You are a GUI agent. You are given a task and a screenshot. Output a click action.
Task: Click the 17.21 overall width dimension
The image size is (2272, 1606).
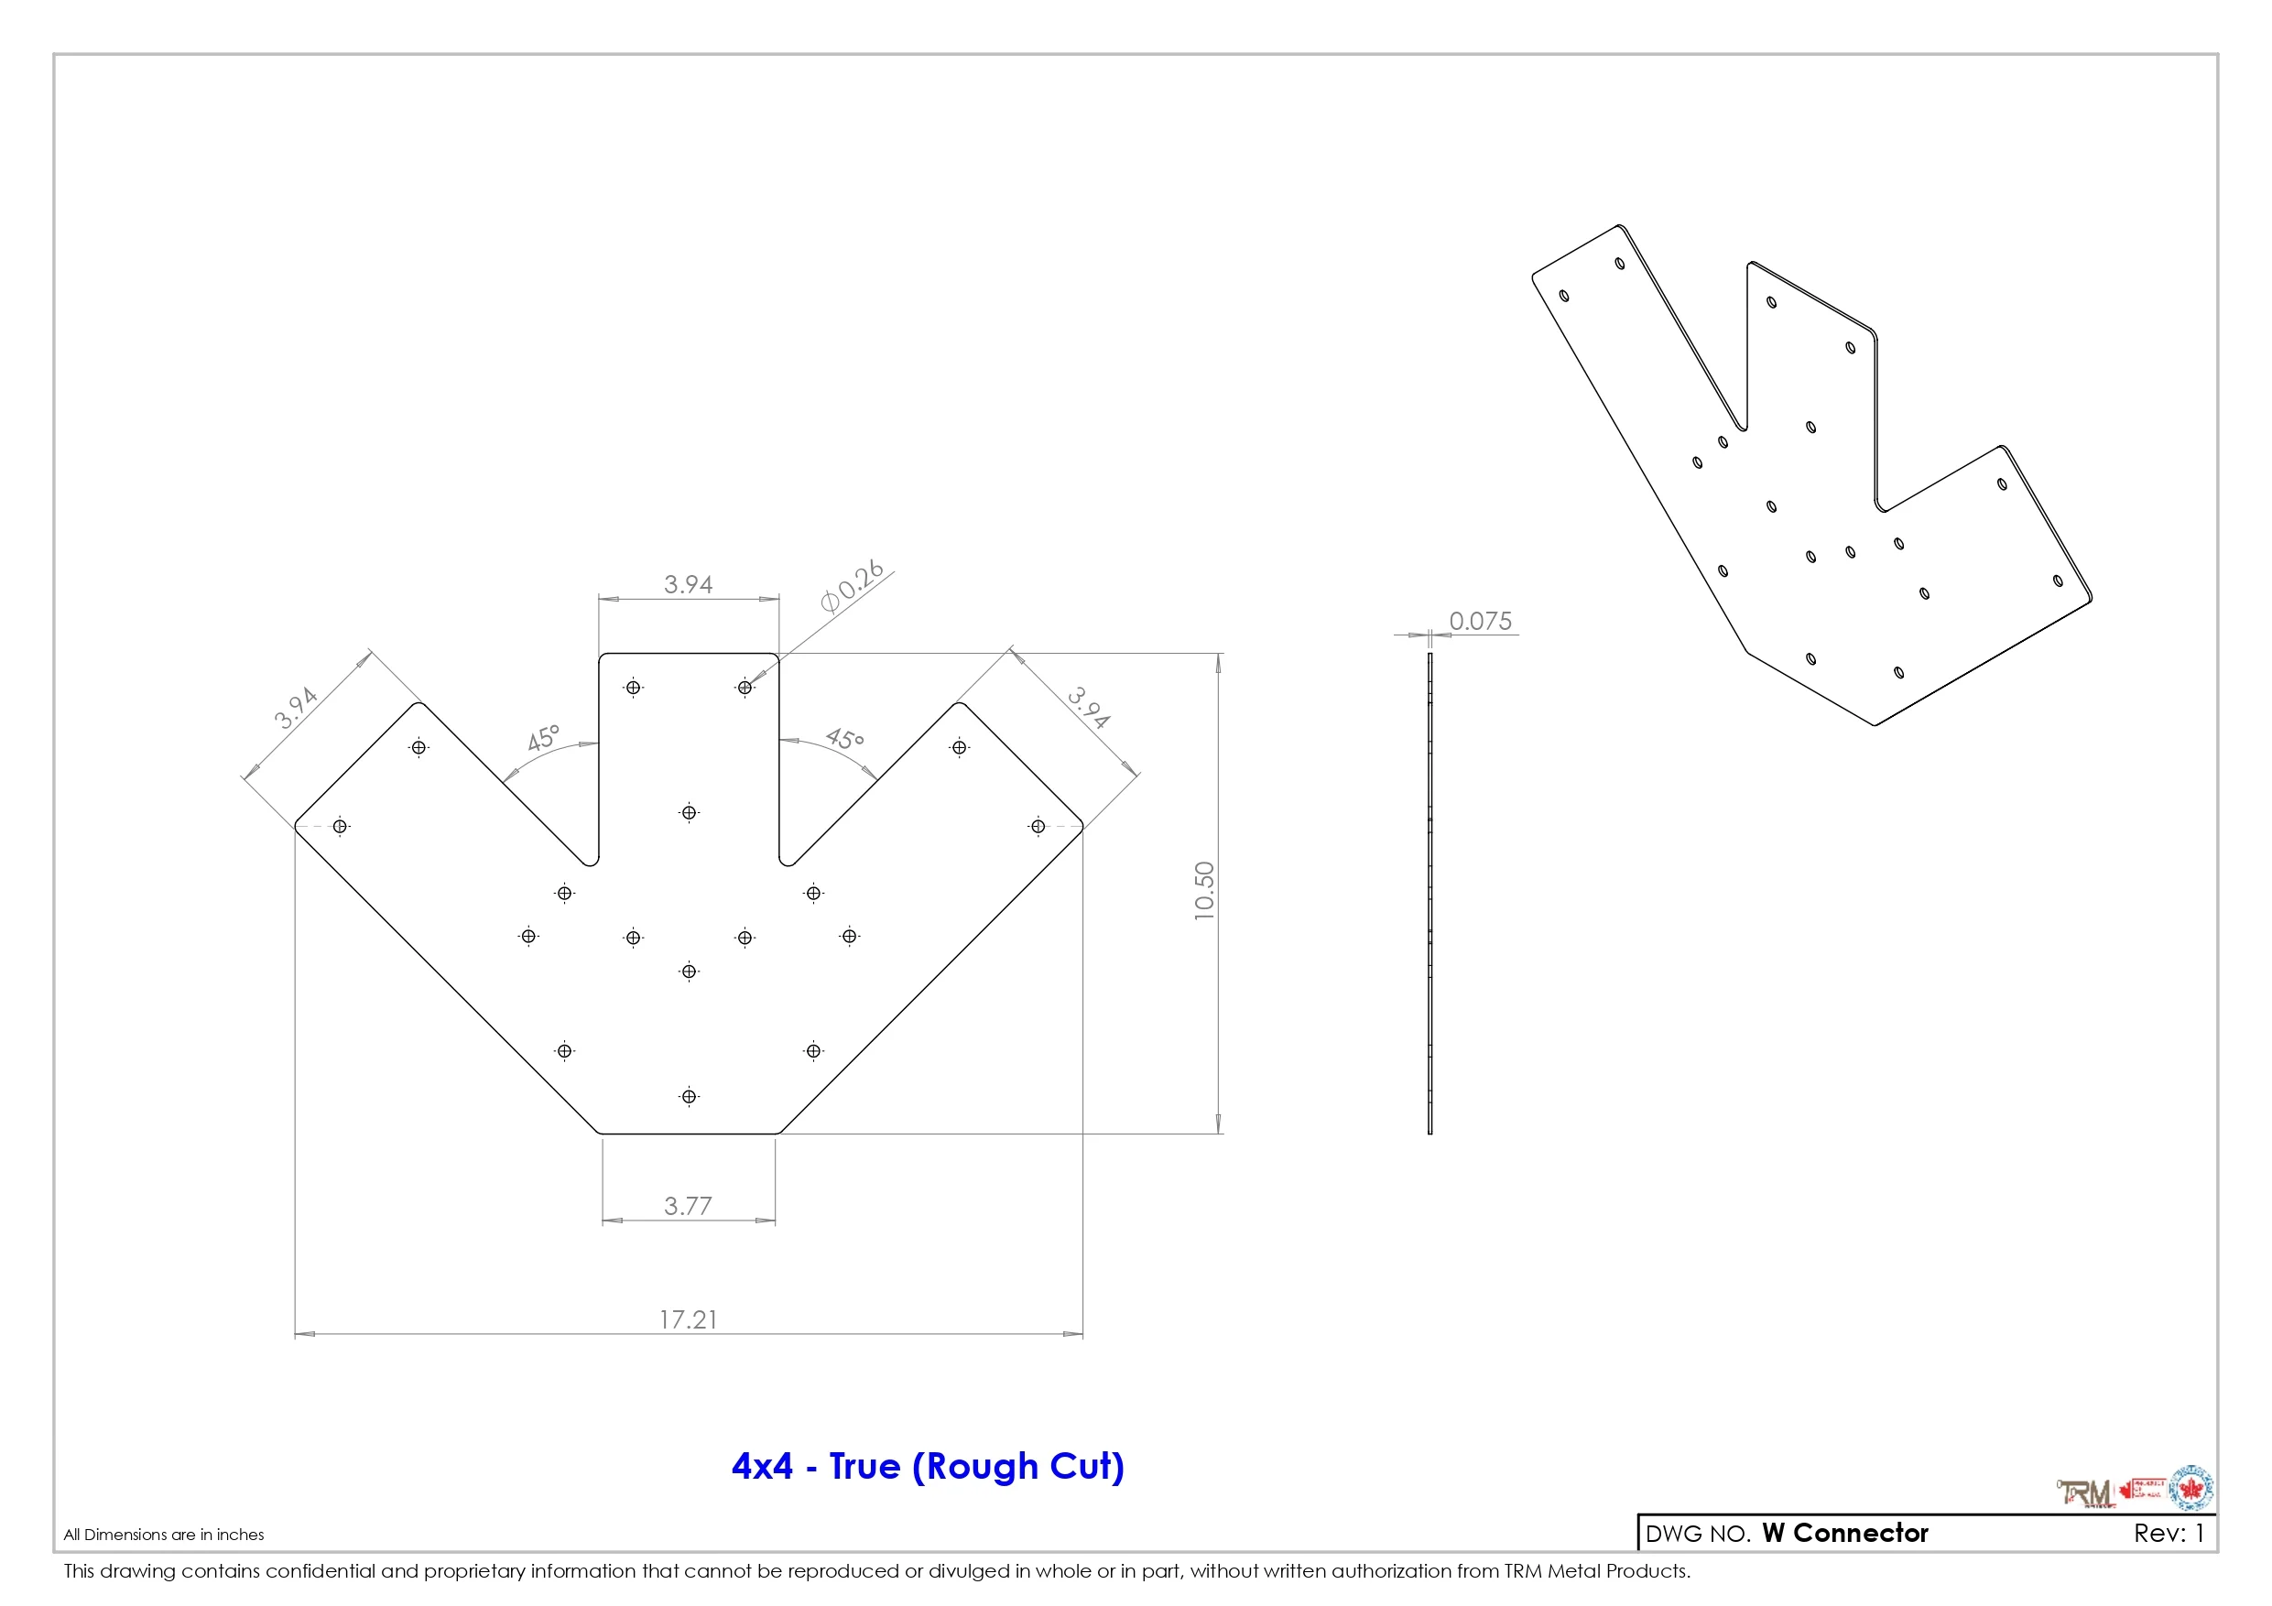coord(688,1319)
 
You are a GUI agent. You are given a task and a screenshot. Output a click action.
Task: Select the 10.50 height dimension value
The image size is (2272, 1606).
coord(1203,891)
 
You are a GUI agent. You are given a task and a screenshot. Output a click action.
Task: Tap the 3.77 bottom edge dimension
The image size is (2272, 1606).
coord(688,1205)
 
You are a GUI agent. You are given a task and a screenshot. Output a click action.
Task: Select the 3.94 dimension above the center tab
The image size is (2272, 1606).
coord(688,584)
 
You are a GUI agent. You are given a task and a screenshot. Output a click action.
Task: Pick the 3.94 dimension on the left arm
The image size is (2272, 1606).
coord(296,707)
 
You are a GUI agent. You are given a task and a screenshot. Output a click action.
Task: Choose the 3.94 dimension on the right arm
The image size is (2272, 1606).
coord(1089,707)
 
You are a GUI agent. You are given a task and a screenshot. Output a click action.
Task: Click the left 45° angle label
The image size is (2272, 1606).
coord(543,737)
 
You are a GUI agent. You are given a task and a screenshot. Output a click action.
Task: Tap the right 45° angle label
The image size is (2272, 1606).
coord(844,738)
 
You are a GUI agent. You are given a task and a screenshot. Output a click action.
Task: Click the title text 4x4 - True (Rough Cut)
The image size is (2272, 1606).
coord(927,1466)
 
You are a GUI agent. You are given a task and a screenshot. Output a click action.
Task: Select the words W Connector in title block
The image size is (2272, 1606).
coord(1844,1533)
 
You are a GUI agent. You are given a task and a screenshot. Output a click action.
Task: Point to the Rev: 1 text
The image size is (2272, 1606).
coord(2169,1533)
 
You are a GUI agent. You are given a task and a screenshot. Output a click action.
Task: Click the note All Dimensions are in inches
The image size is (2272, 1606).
coord(163,1535)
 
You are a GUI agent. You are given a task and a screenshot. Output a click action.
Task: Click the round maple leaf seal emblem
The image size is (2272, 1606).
coord(2190,1488)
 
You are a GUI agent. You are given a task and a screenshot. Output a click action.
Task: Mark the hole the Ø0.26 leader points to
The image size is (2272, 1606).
coord(745,688)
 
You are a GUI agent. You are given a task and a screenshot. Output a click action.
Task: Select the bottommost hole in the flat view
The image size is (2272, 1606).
coord(689,1096)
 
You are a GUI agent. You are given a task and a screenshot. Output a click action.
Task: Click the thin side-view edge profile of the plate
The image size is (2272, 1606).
coord(1430,891)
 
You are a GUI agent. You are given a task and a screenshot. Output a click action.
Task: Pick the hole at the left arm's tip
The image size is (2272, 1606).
coord(340,826)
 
